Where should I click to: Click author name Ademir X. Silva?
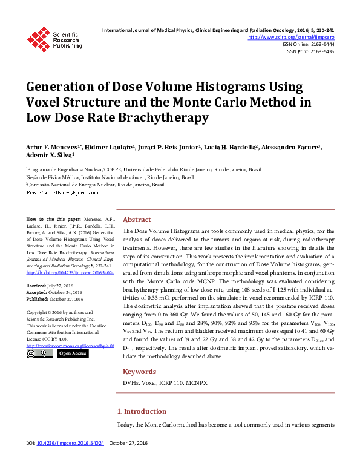(x=50, y=155)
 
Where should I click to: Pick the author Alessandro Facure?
(x=293, y=147)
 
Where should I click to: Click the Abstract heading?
(x=137, y=220)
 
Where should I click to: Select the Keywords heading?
(x=139, y=372)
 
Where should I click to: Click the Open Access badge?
(x=72, y=353)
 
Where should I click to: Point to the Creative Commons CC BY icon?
(x=40, y=353)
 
